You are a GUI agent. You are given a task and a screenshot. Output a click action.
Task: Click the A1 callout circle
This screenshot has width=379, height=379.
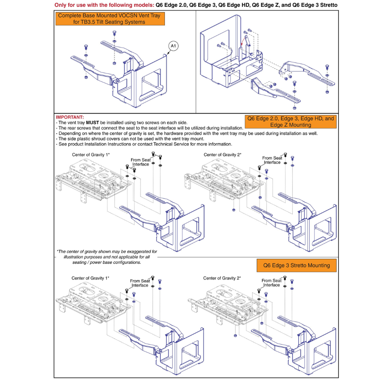click(x=173, y=46)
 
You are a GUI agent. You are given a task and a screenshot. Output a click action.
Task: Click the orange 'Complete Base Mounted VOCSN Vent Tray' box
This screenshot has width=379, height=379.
click(x=110, y=19)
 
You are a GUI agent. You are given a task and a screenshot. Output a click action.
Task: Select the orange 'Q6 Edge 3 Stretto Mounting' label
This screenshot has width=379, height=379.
click(x=297, y=265)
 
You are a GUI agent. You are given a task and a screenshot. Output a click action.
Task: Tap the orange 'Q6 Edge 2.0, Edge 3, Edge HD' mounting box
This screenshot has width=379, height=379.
click(x=291, y=121)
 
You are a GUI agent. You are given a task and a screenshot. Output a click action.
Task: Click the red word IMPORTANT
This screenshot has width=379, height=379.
click(x=70, y=117)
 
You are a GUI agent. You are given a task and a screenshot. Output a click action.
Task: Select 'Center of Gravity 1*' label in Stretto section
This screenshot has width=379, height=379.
click(x=90, y=278)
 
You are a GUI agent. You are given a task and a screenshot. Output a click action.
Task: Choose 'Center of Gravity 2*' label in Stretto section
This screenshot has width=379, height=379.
click(x=222, y=278)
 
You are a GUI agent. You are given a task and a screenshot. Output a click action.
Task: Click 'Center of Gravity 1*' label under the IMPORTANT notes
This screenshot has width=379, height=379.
click(x=91, y=155)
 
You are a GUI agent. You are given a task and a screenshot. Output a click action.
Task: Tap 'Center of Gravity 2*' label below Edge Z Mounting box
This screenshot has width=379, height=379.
click(x=222, y=155)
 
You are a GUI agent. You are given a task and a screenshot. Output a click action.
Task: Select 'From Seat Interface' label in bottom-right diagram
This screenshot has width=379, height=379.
click(x=272, y=283)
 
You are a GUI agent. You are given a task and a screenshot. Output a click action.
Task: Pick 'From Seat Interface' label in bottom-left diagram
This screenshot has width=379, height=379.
click(x=140, y=283)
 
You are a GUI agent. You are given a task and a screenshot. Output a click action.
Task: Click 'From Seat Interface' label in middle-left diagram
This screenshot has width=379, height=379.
click(x=140, y=162)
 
